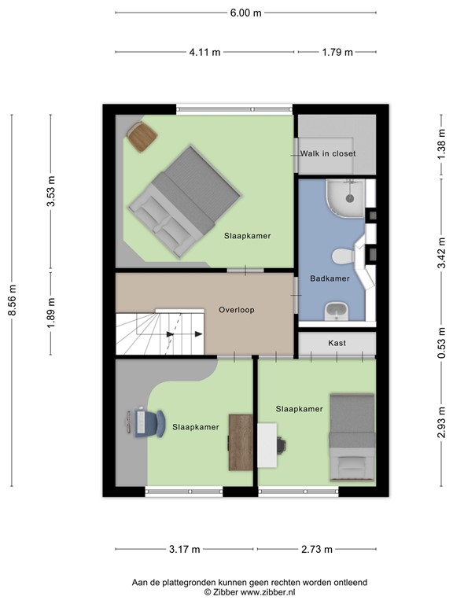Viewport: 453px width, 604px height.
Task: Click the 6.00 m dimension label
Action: click(245, 13)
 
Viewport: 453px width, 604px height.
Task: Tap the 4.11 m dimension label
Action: click(205, 52)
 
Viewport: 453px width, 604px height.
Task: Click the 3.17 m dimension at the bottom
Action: click(185, 549)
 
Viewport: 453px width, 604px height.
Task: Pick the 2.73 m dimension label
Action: click(316, 549)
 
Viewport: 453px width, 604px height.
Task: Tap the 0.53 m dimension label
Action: click(441, 343)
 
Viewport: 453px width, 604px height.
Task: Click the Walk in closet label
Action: click(327, 153)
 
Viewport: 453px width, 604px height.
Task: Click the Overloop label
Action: click(236, 310)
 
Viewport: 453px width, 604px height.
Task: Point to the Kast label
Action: click(337, 344)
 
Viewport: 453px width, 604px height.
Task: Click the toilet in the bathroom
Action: click(344, 256)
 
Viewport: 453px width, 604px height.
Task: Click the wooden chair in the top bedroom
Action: click(142, 137)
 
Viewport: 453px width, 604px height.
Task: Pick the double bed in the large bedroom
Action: click(184, 201)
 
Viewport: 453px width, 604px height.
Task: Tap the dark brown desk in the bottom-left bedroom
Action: click(240, 441)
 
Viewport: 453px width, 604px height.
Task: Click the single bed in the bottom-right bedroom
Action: click(352, 437)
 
